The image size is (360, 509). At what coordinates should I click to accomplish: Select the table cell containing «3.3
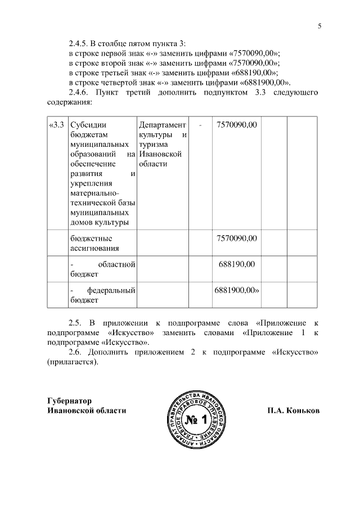(x=57, y=124)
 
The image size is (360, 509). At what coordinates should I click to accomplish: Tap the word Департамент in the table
(x=162, y=124)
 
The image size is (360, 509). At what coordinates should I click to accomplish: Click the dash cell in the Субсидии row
(x=200, y=124)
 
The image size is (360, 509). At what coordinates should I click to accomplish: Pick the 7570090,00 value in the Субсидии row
(x=237, y=124)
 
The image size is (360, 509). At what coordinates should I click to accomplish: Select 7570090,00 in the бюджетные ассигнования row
(x=237, y=238)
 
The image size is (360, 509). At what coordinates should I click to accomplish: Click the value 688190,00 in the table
(x=237, y=264)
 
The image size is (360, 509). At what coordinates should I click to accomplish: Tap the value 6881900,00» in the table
(x=237, y=290)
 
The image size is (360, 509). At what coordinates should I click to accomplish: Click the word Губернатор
(x=69, y=400)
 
